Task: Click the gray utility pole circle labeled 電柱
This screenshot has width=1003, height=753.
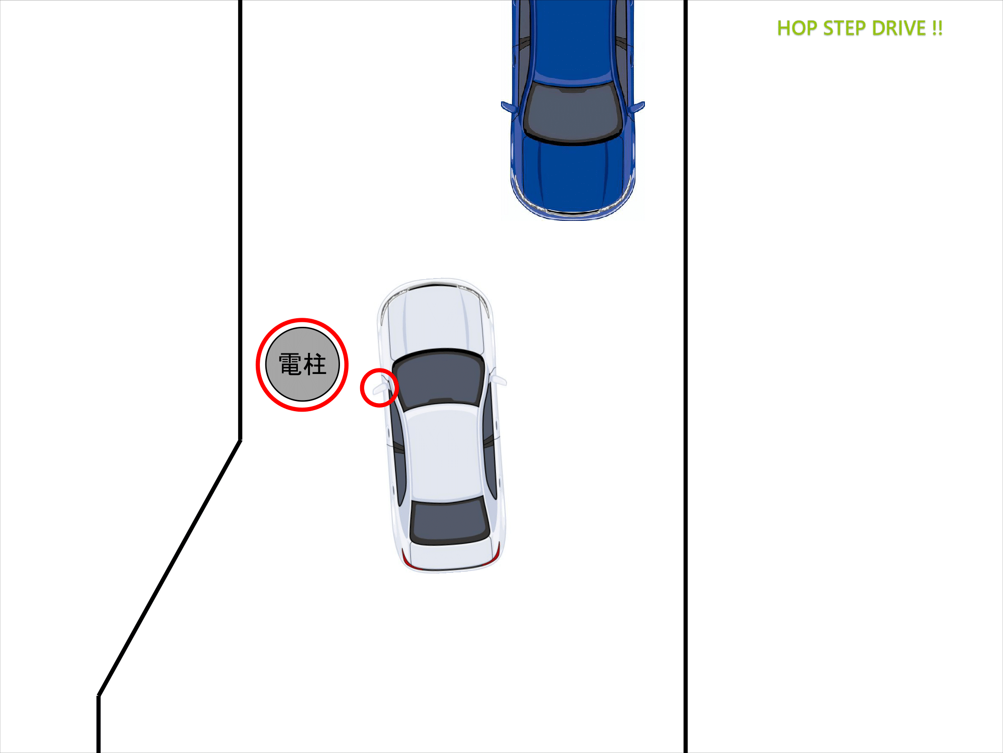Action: click(x=302, y=364)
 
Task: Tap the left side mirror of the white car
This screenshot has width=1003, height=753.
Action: click(x=380, y=388)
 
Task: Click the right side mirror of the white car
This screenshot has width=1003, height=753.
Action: click(x=498, y=380)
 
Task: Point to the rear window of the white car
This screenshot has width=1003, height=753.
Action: click(x=450, y=522)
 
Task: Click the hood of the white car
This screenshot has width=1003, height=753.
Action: click(x=435, y=319)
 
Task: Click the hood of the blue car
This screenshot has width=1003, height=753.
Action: click(x=573, y=173)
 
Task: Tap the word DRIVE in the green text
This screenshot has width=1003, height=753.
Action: click(x=899, y=29)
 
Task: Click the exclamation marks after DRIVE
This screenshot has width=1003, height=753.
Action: click(x=937, y=29)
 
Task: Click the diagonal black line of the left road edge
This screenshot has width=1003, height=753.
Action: click(x=170, y=568)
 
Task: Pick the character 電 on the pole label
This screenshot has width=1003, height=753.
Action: click(x=290, y=364)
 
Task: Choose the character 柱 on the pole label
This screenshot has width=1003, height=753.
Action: click(x=315, y=364)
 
